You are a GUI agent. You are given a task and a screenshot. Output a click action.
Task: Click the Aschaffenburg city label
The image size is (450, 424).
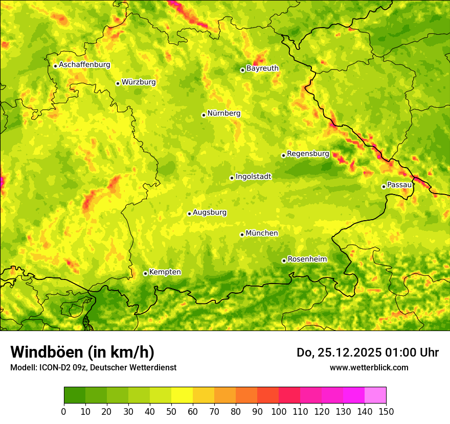tap(84, 65)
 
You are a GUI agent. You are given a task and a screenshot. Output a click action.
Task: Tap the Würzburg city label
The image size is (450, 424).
tap(139, 82)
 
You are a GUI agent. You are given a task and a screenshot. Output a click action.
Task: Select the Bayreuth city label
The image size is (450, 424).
tap(262, 68)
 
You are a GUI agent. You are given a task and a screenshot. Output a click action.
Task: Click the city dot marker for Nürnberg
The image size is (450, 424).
tap(204, 115)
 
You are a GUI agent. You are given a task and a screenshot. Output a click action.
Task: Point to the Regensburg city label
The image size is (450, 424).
tap(308, 154)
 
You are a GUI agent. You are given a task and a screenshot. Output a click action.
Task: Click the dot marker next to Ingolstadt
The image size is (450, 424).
tap(232, 178)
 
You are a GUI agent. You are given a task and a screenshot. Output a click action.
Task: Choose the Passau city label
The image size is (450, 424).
tap(399, 185)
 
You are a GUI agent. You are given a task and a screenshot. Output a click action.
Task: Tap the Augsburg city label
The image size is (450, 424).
tap(209, 213)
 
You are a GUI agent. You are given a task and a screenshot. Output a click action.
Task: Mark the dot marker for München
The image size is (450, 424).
tap(242, 234)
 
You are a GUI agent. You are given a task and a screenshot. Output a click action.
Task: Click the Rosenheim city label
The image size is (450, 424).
tap(307, 260)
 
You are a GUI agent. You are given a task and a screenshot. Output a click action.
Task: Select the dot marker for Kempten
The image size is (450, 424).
tap(145, 273)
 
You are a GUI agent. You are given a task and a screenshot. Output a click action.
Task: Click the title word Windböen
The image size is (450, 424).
tap(47, 352)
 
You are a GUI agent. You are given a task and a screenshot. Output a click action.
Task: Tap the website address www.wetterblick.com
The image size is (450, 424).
tap(369, 367)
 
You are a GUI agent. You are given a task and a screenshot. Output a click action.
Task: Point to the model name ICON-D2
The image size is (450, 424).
tap(52, 367)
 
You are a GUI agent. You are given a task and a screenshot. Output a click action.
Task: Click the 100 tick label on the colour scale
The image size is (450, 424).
tap(279, 411)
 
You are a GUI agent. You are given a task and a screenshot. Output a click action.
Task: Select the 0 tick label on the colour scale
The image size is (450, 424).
tap(64, 411)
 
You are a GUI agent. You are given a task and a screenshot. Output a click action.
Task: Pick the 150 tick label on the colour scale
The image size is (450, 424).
tap(386, 411)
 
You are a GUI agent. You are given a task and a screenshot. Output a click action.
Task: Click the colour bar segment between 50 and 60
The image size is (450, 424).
tap(182, 395)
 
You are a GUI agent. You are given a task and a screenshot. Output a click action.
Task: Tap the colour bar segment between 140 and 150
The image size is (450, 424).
tap(375, 395)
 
